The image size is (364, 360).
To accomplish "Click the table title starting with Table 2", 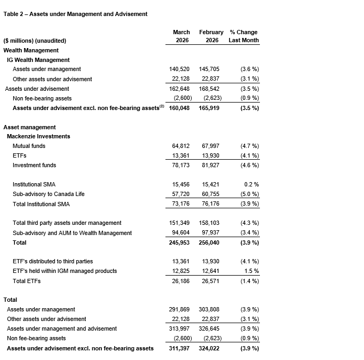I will coord(76,14).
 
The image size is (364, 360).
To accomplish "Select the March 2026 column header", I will coord(181,36).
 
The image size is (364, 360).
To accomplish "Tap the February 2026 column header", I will coord(211,36).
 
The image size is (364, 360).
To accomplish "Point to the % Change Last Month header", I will coord(243,36).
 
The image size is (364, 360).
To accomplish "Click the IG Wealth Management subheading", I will coord(38,60).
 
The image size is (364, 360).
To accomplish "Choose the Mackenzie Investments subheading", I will coord(38,136).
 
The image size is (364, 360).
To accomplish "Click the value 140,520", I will coord(179,69).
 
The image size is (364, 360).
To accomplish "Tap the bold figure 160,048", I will coord(179,108).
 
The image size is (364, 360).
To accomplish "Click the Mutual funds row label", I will coord(29,146).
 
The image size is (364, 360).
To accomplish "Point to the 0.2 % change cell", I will coord(249,184).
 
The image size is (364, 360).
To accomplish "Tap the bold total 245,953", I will coord(179,242).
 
